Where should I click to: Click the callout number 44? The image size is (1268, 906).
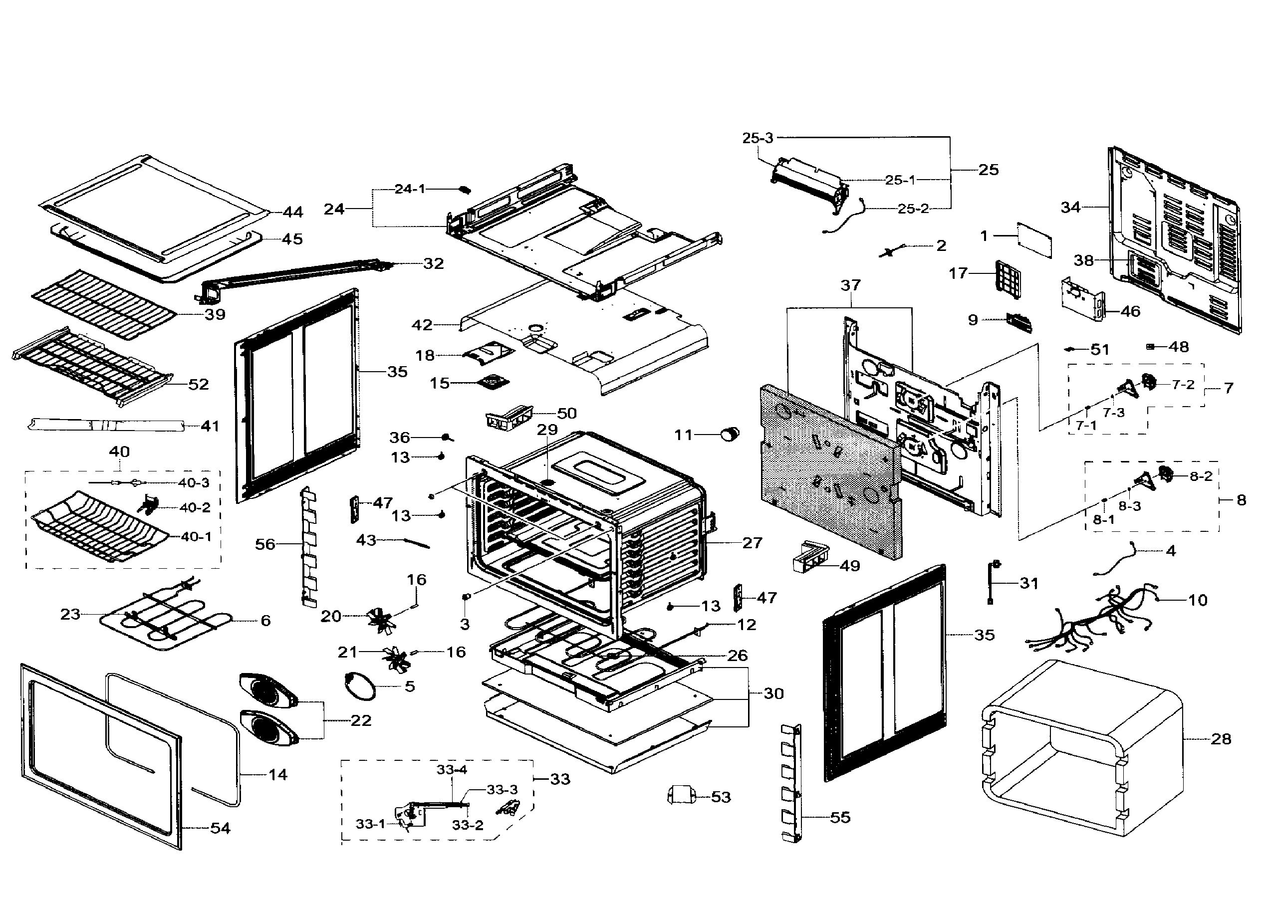[293, 212]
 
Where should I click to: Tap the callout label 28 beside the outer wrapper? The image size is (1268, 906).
[1221, 739]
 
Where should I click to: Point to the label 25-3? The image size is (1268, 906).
[758, 138]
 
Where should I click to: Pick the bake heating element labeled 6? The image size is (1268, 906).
[167, 619]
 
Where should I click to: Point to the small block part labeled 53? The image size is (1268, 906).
[681, 794]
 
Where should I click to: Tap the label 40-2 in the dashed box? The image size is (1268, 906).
[195, 508]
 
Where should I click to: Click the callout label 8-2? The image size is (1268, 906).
[1201, 476]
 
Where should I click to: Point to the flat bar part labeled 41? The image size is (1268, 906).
[106, 425]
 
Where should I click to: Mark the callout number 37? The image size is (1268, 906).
[851, 285]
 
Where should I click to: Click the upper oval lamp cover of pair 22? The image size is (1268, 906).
[268, 692]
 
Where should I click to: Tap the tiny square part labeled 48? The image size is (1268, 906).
[1150, 346]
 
